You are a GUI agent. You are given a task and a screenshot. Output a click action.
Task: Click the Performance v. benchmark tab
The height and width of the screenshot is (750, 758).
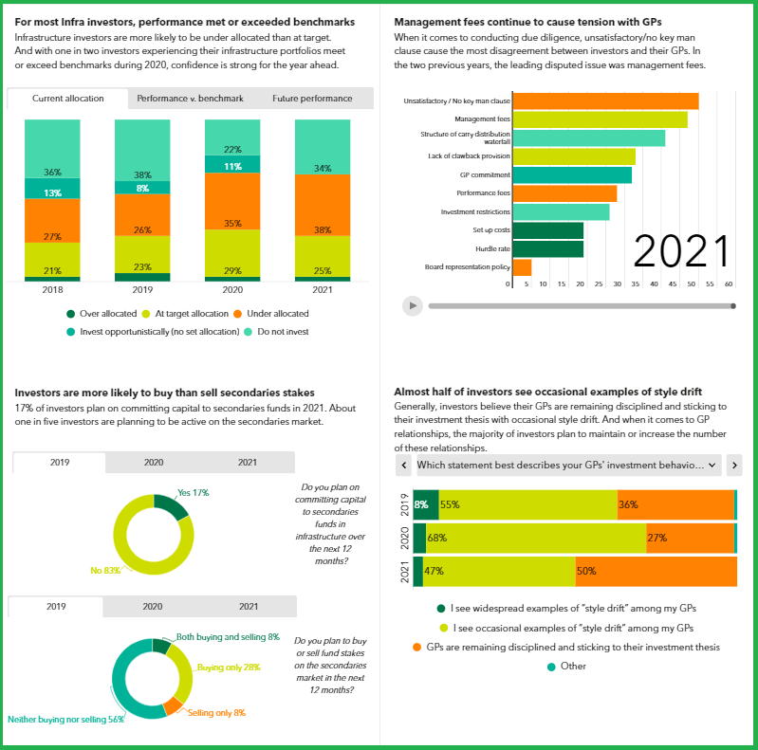[190, 99]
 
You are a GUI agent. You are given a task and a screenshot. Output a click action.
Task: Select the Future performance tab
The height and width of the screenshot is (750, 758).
[312, 99]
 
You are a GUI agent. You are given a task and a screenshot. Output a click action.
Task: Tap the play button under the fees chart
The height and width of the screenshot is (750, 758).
[412, 305]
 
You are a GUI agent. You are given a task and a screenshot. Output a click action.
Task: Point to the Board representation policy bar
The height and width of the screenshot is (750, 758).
[522, 267]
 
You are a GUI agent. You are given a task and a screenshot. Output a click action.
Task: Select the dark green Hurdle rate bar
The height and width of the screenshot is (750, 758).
[548, 248]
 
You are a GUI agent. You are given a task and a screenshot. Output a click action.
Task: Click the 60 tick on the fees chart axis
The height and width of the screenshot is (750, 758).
[729, 284]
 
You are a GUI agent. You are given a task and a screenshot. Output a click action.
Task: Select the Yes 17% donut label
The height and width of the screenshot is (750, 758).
[193, 493]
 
